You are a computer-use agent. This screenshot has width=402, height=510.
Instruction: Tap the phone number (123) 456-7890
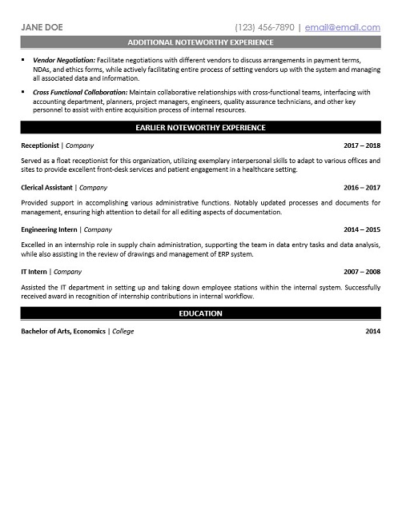click(x=264, y=26)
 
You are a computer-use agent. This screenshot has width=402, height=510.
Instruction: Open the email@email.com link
click(x=341, y=26)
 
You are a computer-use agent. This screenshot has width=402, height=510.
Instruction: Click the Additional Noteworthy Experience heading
click(x=200, y=42)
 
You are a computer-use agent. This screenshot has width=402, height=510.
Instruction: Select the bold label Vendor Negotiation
click(x=64, y=61)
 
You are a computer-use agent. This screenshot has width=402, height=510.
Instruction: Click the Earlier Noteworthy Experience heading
click(x=200, y=128)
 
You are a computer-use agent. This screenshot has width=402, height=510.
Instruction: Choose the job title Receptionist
click(x=40, y=147)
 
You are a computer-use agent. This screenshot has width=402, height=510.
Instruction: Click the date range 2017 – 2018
click(x=361, y=147)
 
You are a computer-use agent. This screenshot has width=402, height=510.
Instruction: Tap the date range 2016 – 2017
click(x=361, y=188)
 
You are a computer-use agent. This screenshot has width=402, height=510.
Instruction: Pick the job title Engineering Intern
click(x=50, y=229)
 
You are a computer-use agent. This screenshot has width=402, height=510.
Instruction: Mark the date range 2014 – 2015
click(x=361, y=229)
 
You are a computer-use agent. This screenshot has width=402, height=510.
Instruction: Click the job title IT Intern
click(x=34, y=271)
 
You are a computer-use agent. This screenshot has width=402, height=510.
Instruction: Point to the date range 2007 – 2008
click(x=361, y=271)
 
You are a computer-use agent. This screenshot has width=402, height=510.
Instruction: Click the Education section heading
click(x=200, y=313)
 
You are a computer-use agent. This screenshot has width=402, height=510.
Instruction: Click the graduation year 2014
click(x=372, y=331)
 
